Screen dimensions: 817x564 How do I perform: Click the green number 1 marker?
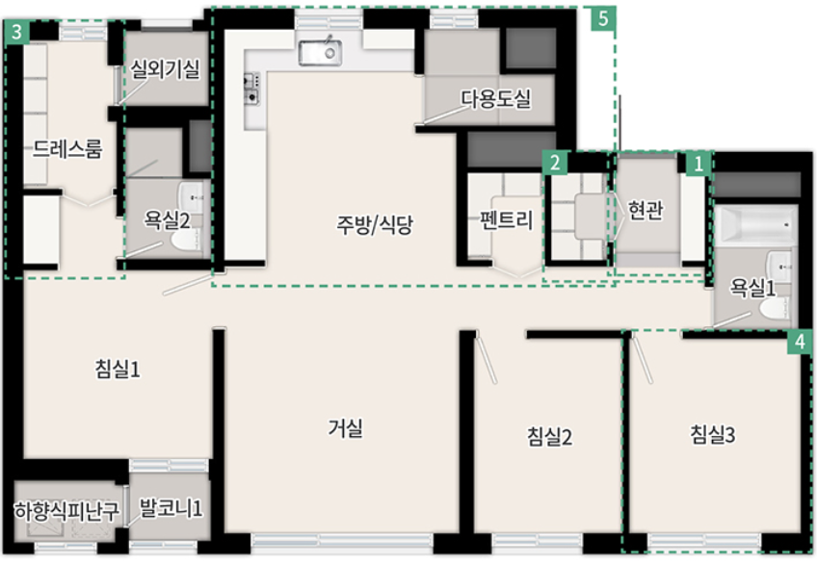coord(698,165)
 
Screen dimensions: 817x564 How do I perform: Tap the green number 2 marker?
coord(554,163)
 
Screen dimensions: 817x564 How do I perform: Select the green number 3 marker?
coord(16,33)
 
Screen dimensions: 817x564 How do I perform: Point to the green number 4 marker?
coord(800,342)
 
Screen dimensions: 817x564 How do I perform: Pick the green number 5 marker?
coord(603,19)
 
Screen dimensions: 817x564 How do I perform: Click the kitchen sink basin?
coord(320,53)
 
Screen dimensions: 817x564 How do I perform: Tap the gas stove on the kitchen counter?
coord(251,89)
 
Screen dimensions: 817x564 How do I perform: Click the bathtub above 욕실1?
coord(755,225)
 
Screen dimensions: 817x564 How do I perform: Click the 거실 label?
coord(345,428)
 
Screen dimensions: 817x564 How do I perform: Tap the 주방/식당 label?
coord(374,225)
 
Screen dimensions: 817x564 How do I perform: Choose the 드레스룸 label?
coord(67,149)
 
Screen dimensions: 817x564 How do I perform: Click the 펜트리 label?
coord(507,220)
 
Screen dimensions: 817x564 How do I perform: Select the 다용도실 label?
coord(495,98)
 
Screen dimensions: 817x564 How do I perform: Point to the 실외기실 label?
coord(165,68)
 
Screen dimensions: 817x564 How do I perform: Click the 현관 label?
coord(646,210)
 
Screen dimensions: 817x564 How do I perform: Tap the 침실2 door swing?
coord(486,359)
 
